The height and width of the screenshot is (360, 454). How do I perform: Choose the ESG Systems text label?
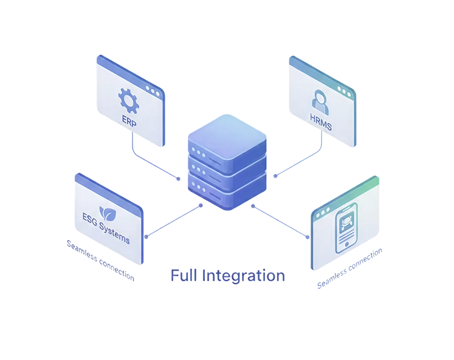[106, 228]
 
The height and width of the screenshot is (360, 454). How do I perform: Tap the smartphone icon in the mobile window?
[346, 228]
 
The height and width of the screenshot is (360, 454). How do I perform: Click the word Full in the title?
[183, 276]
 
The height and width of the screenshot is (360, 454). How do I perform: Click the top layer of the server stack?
[226, 135]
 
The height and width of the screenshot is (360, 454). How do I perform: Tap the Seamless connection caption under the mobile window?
[350, 267]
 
